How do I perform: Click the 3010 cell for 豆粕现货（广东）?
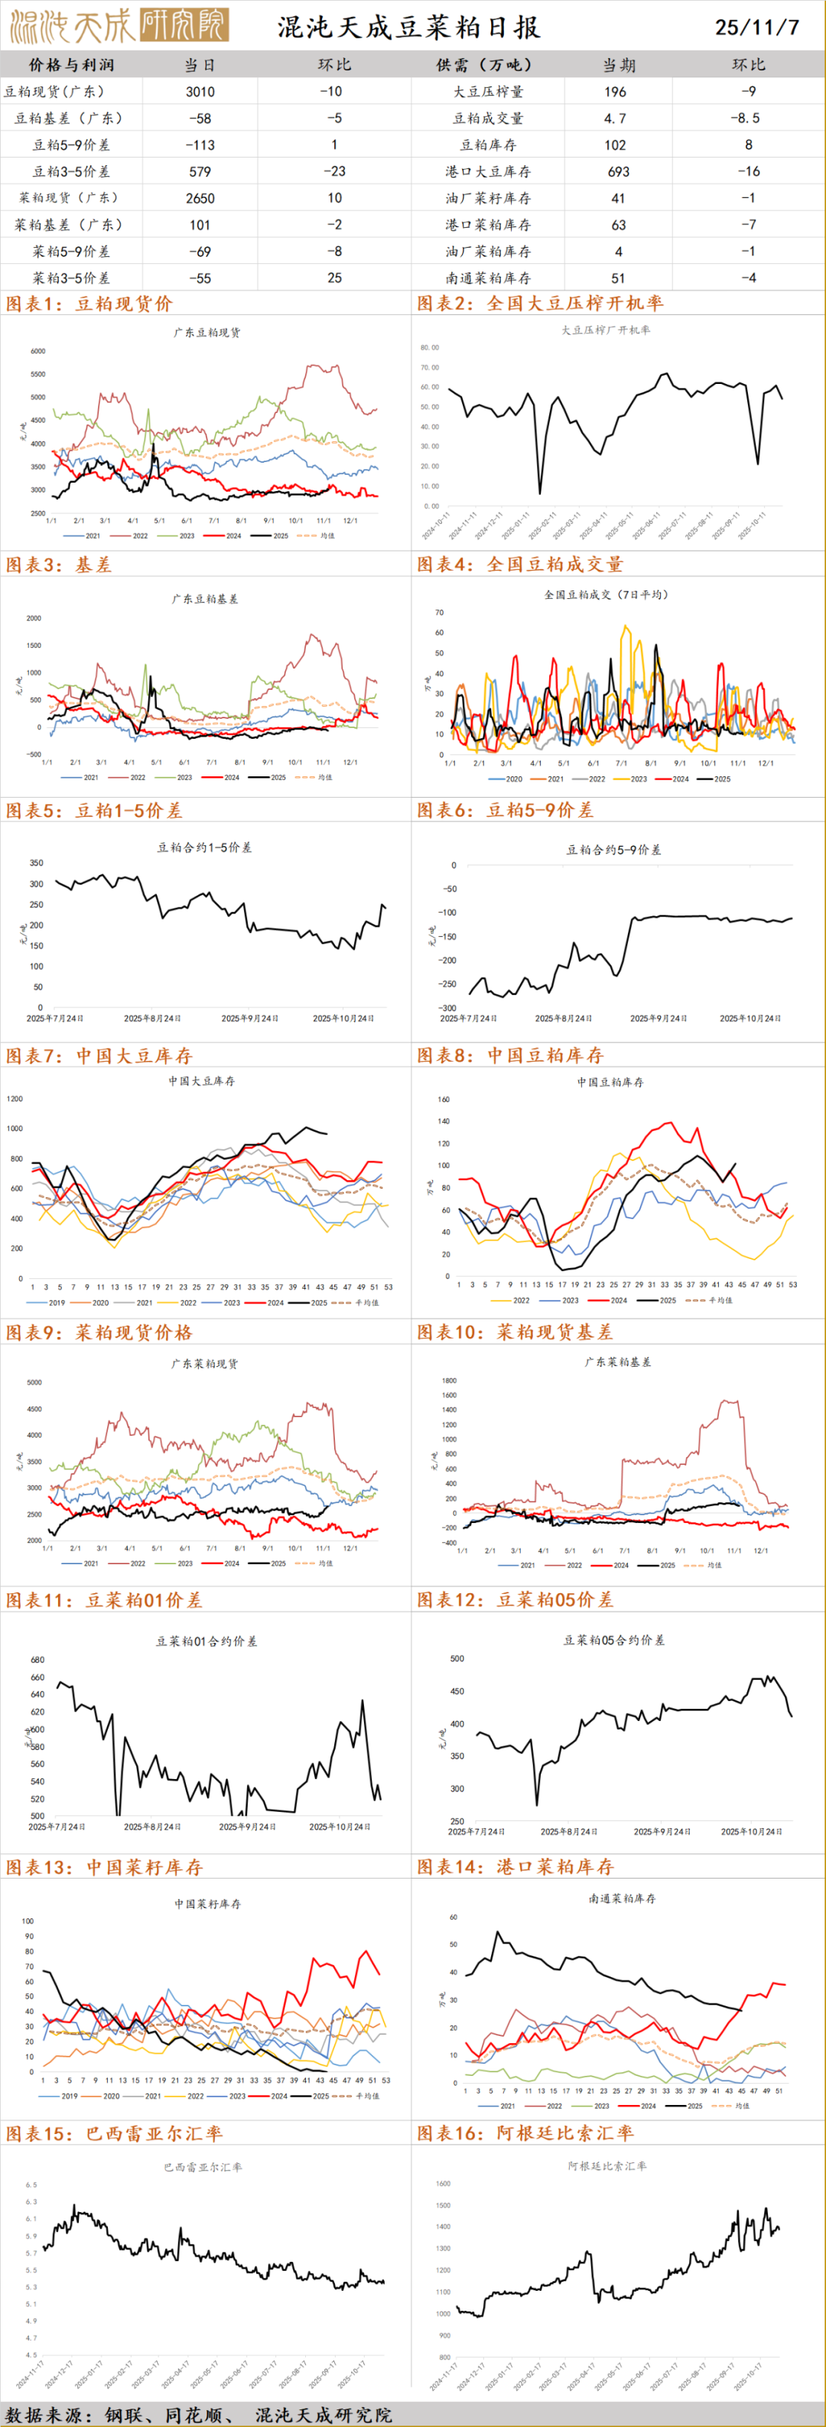[x=200, y=91]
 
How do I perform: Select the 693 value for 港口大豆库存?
[x=618, y=171]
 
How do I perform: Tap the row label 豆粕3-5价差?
[x=72, y=171]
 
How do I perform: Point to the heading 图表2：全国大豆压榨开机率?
[x=540, y=304]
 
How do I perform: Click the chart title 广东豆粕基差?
[x=205, y=598]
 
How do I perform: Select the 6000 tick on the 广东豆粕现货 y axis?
[x=37, y=350]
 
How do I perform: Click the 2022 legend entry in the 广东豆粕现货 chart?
[x=139, y=535]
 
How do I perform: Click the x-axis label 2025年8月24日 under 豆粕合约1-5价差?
[x=151, y=1019]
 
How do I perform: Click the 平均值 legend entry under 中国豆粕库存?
[x=720, y=1300]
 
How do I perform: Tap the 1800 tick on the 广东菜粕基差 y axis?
[x=448, y=1381]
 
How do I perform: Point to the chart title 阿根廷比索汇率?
[x=607, y=2166]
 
